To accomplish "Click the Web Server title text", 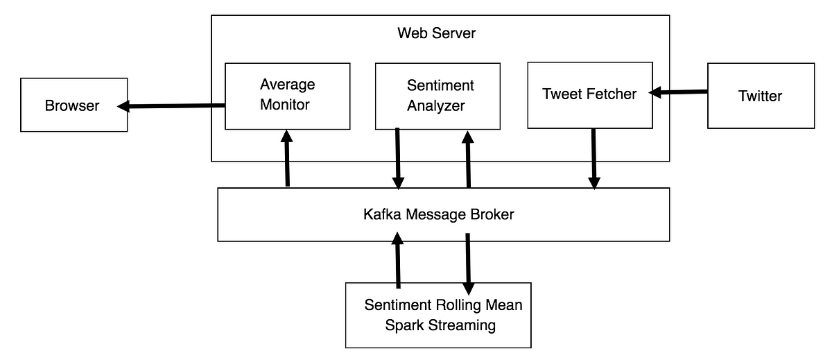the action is (436, 33).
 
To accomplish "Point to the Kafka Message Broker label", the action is (439, 214).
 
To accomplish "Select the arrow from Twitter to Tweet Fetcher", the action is (678, 92).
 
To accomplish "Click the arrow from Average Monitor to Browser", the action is (171, 106).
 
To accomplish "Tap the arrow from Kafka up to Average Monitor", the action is (287, 158).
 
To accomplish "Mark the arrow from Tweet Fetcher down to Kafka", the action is (594, 159).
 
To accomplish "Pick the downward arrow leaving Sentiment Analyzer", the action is (398, 159).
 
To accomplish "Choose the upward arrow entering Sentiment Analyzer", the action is (468, 159).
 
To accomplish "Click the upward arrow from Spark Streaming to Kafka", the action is (398, 260).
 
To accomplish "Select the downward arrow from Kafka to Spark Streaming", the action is (468, 264).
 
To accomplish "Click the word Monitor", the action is (284, 105).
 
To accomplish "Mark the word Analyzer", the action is (435, 106).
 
